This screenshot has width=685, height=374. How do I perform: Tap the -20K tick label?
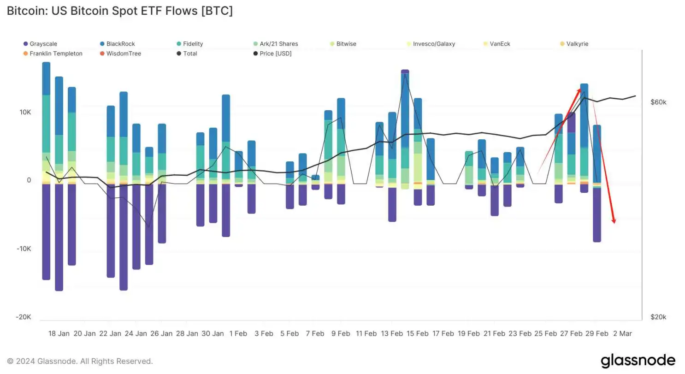[23, 317]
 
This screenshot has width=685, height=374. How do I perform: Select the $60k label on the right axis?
[658, 102]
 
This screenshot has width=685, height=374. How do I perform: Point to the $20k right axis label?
[658, 317]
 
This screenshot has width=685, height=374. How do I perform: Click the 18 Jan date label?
[59, 333]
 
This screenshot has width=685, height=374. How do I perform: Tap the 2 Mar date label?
[622, 333]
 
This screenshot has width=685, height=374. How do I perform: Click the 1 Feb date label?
[238, 333]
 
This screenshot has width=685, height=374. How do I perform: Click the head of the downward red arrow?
[614, 221]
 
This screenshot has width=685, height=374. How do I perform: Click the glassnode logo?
[638, 360]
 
